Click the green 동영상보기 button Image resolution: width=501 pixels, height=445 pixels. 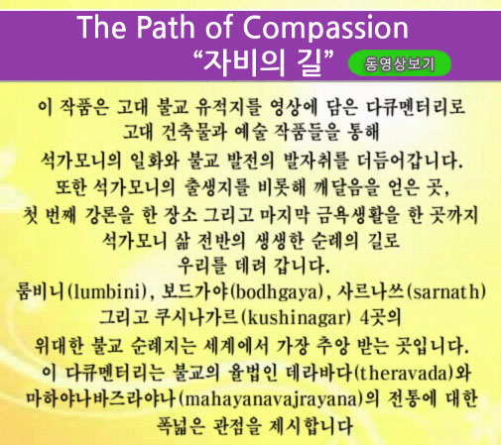(400, 63)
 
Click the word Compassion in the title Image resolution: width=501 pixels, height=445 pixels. (325, 28)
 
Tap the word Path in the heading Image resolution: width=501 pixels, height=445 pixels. (166, 27)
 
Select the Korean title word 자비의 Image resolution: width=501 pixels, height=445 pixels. (244, 62)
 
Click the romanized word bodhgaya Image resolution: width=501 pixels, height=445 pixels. (276, 292)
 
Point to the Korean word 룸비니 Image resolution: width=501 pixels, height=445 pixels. (41, 292)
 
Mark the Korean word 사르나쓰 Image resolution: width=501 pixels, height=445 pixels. (371, 292)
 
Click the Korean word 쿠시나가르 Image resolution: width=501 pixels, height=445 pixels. (196, 318)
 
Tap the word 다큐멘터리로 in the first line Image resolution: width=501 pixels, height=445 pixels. (416, 107)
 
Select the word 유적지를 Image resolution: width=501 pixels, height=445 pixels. (228, 107)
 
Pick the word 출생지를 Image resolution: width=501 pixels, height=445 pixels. (217, 187)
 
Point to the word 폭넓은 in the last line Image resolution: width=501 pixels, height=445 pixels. (181, 426)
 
